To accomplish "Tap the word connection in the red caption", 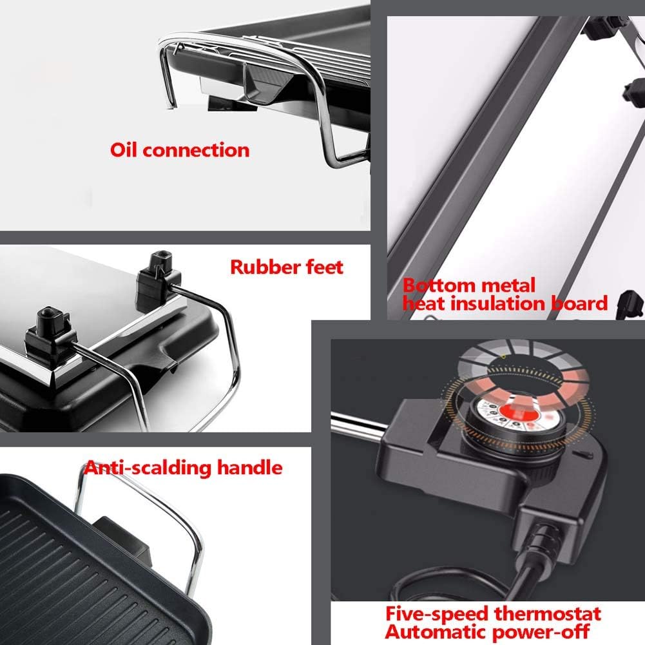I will pyautogui.click(x=196, y=150).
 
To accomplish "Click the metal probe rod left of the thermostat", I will pyautogui.click(x=361, y=426).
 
